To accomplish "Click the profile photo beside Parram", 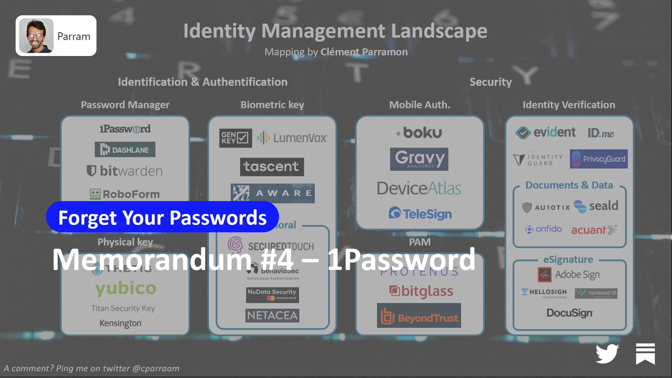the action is [36, 36].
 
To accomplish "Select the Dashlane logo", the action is [125, 150].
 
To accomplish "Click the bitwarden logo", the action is [125, 171].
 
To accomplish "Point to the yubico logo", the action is [126, 288].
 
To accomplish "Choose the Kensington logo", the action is [121, 323].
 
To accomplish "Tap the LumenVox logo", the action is [293, 138].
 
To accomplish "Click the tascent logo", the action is [272, 167].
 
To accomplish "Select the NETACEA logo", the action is [272, 316].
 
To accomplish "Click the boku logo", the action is [420, 133].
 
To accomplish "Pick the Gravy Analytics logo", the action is [419, 159].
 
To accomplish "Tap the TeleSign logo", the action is [420, 214].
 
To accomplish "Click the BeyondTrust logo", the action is [419, 316].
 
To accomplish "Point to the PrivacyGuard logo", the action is [598, 159].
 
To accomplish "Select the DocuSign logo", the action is [570, 313].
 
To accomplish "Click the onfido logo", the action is [543, 229].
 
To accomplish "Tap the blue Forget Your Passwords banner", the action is [162, 217].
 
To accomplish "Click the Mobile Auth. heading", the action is [420, 105].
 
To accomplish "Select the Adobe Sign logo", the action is [569, 275].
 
